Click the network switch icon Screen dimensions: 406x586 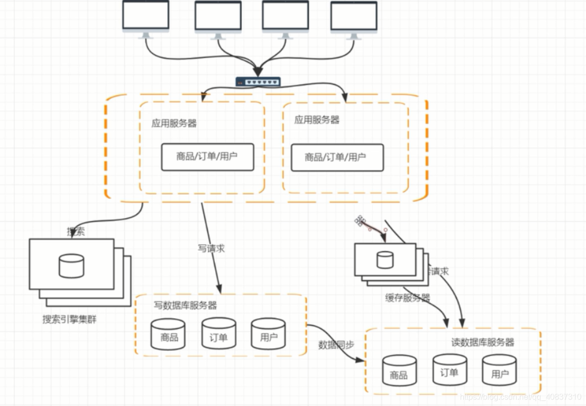coord(258,82)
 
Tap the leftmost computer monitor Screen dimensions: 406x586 coord(146,16)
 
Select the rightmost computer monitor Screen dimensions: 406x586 coord(353,17)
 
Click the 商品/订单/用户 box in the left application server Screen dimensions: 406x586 coord(207,157)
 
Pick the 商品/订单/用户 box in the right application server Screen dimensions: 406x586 coord(337,157)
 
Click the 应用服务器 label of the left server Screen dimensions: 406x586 coord(174,124)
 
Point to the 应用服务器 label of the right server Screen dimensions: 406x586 coord(316,120)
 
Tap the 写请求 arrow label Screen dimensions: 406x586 coord(211,248)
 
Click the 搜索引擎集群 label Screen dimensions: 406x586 coord(69,319)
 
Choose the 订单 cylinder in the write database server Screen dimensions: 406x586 coord(218,333)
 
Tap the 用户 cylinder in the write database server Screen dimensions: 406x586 coord(268,333)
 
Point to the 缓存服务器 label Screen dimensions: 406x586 coord(408,298)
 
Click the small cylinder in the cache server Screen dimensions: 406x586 coord(385,260)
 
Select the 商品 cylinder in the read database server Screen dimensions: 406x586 coord(399,370)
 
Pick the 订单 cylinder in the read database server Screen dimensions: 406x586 coord(449,369)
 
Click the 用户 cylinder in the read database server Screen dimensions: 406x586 coord(499,370)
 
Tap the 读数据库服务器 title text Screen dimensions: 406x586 coord(482,342)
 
